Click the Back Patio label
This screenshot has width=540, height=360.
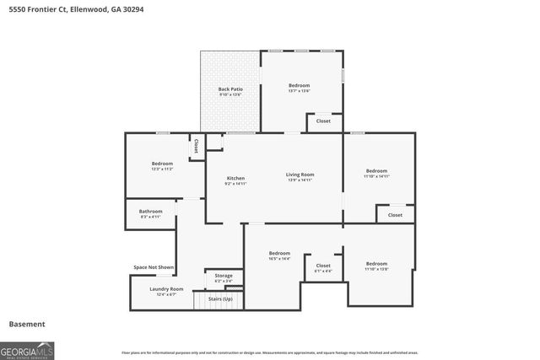pos(229,89)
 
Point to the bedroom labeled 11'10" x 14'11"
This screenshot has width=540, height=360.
pos(376,173)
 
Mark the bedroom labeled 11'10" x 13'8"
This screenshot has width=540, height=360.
pos(376,266)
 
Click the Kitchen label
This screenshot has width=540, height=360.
pos(235,178)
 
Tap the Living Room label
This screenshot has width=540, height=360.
pos(300,175)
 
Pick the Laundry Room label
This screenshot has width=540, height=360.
pos(166,289)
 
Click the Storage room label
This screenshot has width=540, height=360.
pos(224,276)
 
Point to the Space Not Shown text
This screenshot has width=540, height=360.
pos(154,267)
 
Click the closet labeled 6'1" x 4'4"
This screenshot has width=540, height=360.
pos(322,266)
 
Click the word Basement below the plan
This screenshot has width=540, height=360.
pos(27,324)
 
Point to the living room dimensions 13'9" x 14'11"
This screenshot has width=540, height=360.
pos(300,180)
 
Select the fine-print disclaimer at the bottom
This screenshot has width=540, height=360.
pos(269,352)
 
